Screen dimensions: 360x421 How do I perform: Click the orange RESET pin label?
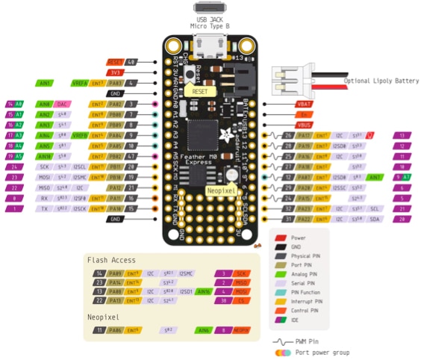click(115, 62)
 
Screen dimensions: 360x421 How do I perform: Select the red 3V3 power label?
click(115, 72)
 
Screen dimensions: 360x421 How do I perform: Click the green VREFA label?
click(79, 83)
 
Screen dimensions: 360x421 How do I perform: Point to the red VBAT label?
click(304, 105)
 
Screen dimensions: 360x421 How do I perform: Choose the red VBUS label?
click(304, 125)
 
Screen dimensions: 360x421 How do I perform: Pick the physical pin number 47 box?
click(131, 156)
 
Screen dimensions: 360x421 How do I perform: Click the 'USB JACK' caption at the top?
click(212, 19)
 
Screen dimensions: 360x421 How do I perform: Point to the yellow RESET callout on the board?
click(199, 90)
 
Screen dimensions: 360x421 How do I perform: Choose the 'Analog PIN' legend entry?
click(305, 274)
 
